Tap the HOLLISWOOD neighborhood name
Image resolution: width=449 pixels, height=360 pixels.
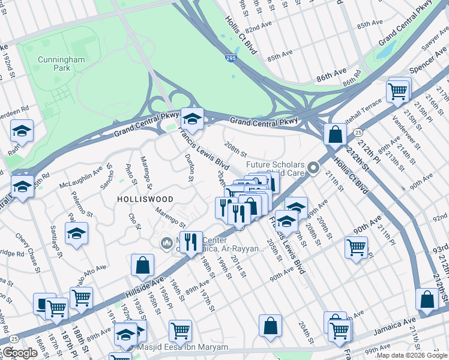click(145, 199)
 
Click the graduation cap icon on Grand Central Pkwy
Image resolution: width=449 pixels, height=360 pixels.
click(192, 118)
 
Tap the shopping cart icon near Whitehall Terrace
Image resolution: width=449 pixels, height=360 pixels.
click(398, 91)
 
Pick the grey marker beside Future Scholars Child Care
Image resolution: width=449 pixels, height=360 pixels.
click(313, 169)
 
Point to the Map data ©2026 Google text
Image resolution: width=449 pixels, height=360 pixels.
click(412, 355)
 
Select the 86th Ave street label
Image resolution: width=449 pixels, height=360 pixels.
click(332, 78)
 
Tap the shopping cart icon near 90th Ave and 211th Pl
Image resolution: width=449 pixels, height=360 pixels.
click(357, 247)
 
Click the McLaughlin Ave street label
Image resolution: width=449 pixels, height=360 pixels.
click(80, 178)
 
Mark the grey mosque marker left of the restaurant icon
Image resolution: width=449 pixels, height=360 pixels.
click(166, 243)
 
